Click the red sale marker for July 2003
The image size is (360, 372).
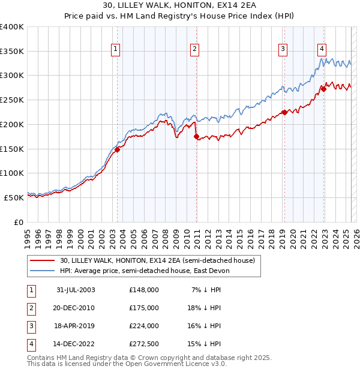pos(118,150)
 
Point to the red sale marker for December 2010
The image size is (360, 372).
pos(196,137)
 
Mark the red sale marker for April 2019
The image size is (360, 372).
pos(284,113)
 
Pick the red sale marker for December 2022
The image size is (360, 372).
pos(323,89)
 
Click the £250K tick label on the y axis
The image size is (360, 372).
pos(12,100)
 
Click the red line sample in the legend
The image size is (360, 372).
pos(42,260)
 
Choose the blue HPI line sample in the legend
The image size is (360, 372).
pos(42,271)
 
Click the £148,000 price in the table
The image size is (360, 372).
pos(144,290)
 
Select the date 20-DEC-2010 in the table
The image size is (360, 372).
pos(73,308)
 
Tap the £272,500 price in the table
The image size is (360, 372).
pos(144,344)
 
